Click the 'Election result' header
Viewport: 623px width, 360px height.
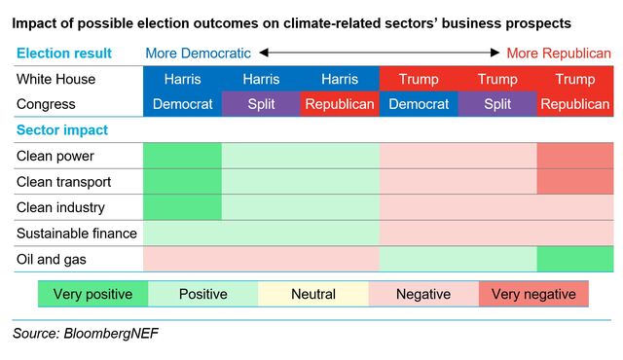[63, 54]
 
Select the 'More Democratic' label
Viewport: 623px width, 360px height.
[198, 54]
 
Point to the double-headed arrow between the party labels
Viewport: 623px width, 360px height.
[379, 54]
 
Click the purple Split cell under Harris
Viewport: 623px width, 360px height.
[261, 104]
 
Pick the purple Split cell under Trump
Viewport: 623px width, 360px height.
[497, 104]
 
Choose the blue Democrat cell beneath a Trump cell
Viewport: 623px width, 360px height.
[419, 104]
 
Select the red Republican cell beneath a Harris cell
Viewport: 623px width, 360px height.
[340, 104]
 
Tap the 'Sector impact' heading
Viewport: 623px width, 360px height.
[61, 129]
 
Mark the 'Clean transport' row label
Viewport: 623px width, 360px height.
[63, 182]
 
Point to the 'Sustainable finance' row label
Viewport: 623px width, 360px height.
[77, 234]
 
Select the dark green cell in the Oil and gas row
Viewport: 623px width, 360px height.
[574, 259]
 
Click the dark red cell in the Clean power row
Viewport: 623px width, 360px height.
[574, 156]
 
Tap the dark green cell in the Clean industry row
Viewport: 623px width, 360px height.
[182, 207]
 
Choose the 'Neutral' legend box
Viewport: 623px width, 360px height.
[312, 294]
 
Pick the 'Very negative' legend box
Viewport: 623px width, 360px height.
[533, 294]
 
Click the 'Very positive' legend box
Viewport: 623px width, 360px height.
[92, 294]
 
